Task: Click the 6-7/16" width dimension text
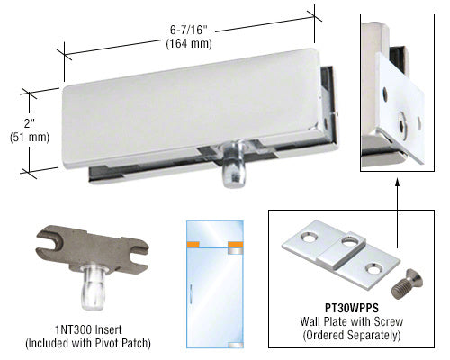[189, 30]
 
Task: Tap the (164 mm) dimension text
[189, 44]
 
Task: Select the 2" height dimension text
[30, 123]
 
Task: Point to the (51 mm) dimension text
[30, 137]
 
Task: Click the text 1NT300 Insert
[88, 329]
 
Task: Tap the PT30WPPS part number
[352, 308]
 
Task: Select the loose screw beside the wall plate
[408, 283]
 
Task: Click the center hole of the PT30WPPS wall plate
[349, 240]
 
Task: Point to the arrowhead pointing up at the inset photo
[398, 183]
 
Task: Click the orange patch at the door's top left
[193, 245]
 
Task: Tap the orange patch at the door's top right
[236, 245]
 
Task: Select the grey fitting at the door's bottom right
[236, 345]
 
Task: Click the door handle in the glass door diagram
[190, 292]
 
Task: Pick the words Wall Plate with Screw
[352, 321]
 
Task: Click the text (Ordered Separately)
[352, 335]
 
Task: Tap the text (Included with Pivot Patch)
[88, 343]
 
